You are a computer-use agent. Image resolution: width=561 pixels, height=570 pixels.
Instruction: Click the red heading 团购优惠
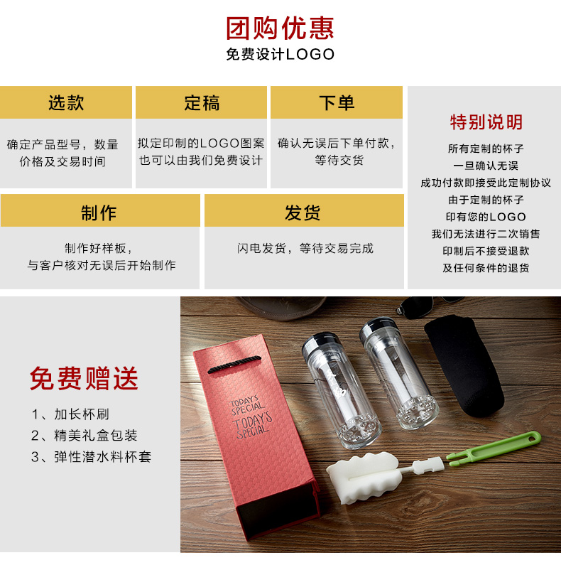pos(280,28)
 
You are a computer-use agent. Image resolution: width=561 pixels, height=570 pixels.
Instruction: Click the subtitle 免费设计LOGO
pos(280,55)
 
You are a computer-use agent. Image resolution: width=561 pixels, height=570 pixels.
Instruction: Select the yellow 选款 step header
pos(66,102)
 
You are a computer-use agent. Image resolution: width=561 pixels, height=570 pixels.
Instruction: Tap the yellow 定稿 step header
pos(202,102)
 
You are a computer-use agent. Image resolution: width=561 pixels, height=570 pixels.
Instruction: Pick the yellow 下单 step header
pos(337,102)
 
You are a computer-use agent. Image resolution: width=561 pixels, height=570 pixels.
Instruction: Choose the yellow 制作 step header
pos(99,212)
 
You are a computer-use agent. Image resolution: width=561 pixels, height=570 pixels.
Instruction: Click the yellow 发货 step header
pos(303,212)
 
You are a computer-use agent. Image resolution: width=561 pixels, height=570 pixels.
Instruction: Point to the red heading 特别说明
pos(486,122)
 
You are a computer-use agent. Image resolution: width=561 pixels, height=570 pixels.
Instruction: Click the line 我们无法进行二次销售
pos(486,234)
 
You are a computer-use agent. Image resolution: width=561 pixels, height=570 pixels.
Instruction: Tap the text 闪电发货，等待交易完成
pos(305,248)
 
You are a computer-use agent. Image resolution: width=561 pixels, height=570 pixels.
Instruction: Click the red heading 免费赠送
pos(84,378)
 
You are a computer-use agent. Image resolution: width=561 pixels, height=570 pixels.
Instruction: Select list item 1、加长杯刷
pos(70,414)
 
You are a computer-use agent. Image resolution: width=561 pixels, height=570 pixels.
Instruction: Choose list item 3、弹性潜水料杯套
pos(91,456)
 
